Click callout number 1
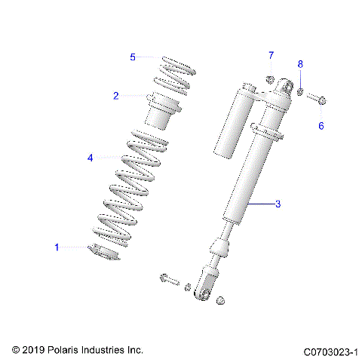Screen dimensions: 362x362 pyautogui.click(x=56, y=247)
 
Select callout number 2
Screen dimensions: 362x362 pyautogui.click(x=116, y=96)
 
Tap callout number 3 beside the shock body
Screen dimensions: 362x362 pyautogui.click(x=278, y=204)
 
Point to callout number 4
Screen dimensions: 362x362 pyautogui.click(x=90, y=158)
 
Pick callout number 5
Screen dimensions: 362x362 pyautogui.click(x=133, y=57)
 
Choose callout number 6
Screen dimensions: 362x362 pyautogui.click(x=320, y=126)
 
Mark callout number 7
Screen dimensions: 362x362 pyautogui.click(x=271, y=55)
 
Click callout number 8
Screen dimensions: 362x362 pyautogui.click(x=299, y=64)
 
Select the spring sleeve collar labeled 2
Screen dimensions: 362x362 pyautogui.click(x=164, y=110)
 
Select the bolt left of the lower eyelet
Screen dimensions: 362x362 pyautogui.click(x=169, y=281)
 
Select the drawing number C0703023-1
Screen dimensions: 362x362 pyautogui.click(x=330, y=351)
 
